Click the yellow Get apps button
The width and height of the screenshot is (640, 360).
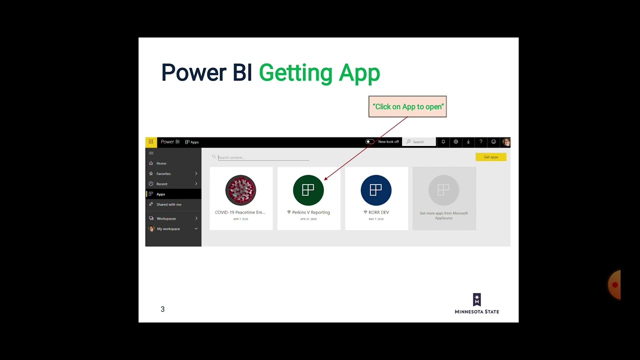click(490, 157)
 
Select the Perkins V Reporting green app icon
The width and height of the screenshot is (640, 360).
click(308, 190)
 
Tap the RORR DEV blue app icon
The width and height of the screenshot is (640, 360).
click(376, 190)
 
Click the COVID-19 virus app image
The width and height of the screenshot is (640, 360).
click(240, 190)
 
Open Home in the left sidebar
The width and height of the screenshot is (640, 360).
click(161, 163)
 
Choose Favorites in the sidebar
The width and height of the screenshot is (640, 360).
click(163, 173)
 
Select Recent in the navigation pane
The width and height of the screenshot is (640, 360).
click(162, 184)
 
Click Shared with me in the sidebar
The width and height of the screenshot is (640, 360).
click(168, 204)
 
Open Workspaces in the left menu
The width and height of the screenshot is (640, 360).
click(166, 218)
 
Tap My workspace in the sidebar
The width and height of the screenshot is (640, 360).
click(168, 229)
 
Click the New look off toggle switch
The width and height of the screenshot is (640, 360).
click(369, 142)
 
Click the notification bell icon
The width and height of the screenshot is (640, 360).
click(443, 142)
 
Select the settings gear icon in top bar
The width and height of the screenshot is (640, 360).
click(455, 142)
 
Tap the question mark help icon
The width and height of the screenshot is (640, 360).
click(481, 142)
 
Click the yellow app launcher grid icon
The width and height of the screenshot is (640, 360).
click(150, 142)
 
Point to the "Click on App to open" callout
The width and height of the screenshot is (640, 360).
click(407, 106)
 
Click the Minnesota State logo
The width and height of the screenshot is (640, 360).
click(476, 303)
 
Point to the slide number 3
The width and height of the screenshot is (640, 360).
click(162, 309)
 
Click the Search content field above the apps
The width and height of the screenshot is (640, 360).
click(263, 157)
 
